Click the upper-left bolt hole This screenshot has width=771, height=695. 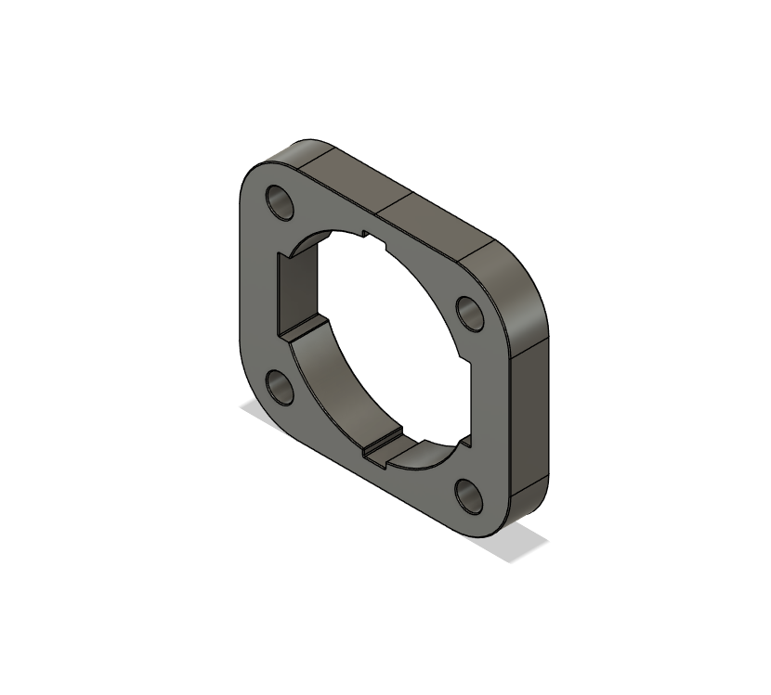(x=279, y=201)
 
